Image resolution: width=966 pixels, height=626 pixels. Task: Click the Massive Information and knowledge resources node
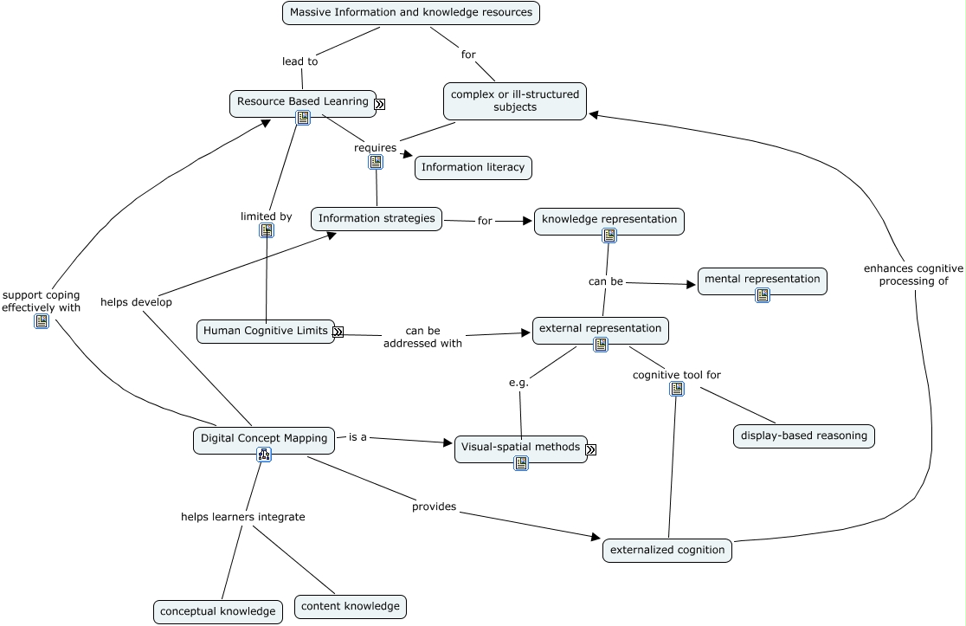[x=411, y=13]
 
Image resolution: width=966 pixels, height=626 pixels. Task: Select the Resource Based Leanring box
[x=302, y=102]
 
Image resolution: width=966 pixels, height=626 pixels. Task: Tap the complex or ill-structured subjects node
[x=515, y=100]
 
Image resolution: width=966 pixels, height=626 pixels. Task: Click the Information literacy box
[x=473, y=168]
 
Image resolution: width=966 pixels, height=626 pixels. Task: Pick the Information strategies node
[x=377, y=219]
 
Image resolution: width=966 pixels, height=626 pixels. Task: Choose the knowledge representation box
[x=609, y=220]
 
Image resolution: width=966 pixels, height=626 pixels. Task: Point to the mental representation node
[x=762, y=280]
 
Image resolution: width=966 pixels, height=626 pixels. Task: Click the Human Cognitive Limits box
[x=265, y=331]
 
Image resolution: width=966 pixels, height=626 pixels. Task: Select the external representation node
[x=600, y=329]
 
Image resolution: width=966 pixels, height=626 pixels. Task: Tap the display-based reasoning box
[x=803, y=436]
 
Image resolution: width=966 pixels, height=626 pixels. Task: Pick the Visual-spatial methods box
[x=520, y=448]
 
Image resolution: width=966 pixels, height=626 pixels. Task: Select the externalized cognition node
[x=667, y=550]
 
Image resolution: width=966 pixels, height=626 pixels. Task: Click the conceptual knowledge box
[x=218, y=611]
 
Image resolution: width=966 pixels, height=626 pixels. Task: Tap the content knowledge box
[x=351, y=606]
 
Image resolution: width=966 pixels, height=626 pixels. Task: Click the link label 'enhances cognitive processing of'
[x=913, y=274]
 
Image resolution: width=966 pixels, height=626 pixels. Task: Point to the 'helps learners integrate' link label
[x=242, y=517]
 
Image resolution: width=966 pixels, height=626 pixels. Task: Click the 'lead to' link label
[x=300, y=61]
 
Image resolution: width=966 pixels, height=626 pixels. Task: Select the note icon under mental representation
[x=763, y=295]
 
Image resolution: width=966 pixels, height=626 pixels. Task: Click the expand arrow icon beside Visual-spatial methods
[x=590, y=449]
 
